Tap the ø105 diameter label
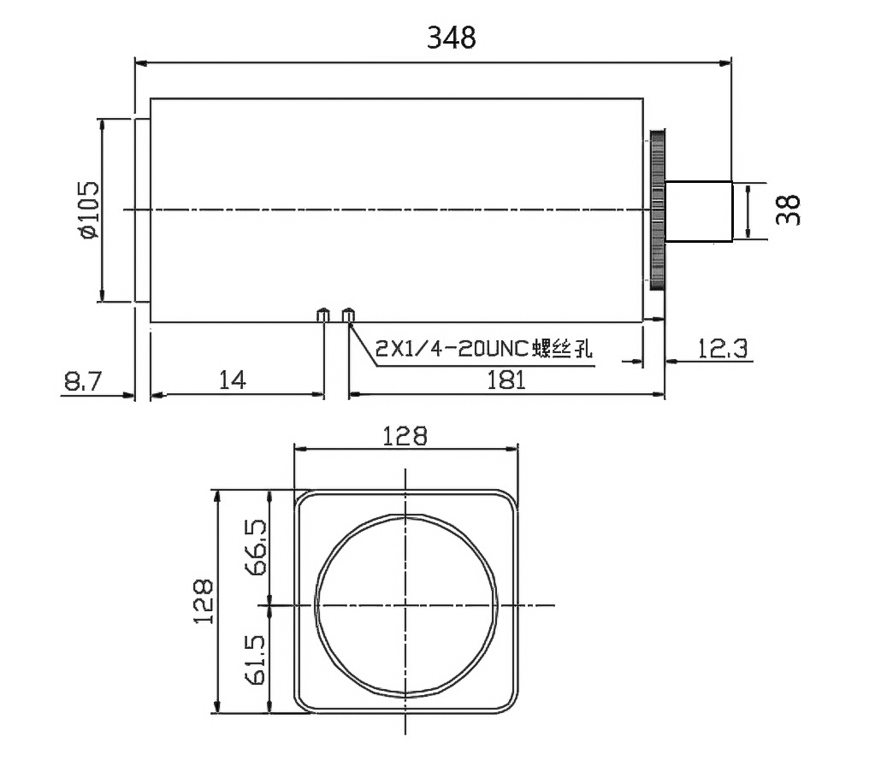pos(88,209)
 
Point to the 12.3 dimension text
pos(722,348)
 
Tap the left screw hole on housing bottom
pos(323,315)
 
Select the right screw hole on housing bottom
pos(348,315)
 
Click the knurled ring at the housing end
pos(657,210)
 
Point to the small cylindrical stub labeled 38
pos(698,210)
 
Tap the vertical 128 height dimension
pos(203,601)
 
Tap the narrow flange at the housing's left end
pos(142,210)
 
